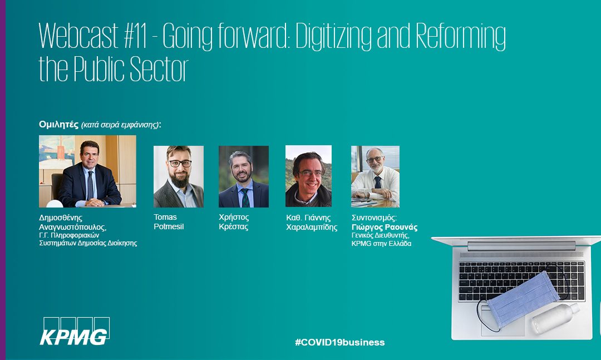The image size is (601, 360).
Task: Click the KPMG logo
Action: pos(75,331)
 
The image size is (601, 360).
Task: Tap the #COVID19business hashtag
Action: pos(340,342)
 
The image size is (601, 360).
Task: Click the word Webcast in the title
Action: pos(78,36)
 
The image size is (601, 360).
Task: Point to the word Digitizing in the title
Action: pos(334,37)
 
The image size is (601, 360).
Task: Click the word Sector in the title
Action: pos(159,70)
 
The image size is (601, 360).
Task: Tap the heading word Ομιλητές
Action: pos(58,124)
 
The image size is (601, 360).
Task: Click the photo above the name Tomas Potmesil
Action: pos(179,176)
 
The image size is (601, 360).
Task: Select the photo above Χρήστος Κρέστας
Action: pos(244,176)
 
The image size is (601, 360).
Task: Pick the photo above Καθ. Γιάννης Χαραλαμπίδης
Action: pos(308,176)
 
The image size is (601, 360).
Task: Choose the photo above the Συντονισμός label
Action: pos(375,176)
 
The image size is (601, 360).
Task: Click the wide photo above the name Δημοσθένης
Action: pos(87,171)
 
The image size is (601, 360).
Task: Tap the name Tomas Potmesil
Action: pos(169,222)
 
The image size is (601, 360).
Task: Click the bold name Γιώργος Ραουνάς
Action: pos(385,227)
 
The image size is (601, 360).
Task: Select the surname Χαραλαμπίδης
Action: pos(312,228)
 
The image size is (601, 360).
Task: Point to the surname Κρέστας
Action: pos(233,226)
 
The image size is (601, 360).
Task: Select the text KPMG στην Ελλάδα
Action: pos(381,244)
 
